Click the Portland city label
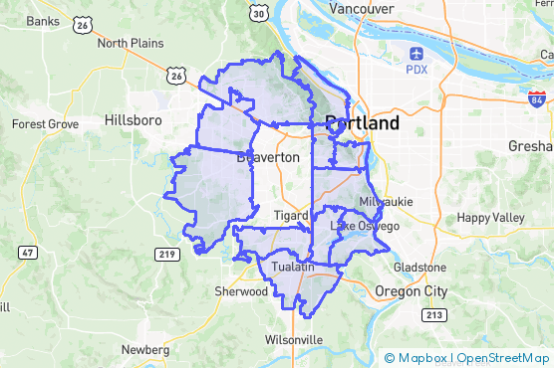[x=363, y=123]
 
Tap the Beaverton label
[x=269, y=157]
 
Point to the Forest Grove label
[x=45, y=124]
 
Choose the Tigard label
[x=290, y=215]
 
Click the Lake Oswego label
[x=365, y=227]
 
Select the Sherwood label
[x=241, y=291]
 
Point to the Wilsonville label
[x=294, y=339]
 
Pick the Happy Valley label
[x=489, y=218]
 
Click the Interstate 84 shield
[x=537, y=98]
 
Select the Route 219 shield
[x=166, y=256]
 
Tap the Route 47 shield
[x=28, y=253]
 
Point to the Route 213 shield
[x=433, y=315]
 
